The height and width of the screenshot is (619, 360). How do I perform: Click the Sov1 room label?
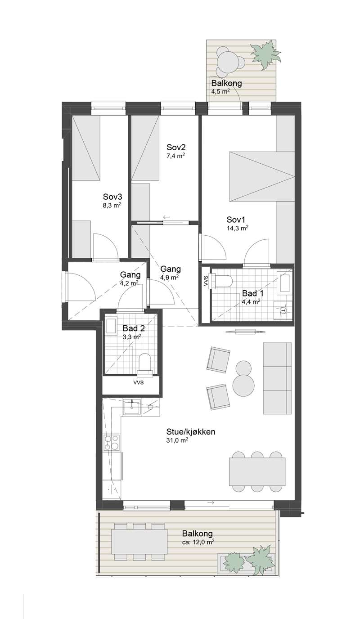click(236, 220)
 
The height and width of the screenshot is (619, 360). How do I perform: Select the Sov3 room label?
click(112, 197)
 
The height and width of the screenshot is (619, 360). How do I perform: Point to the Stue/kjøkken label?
click(191, 432)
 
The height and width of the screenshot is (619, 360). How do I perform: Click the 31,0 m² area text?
click(177, 440)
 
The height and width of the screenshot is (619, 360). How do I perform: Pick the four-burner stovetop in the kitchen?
click(112, 442)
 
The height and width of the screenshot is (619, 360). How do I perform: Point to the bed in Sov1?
click(262, 176)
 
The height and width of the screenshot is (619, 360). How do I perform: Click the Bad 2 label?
click(134, 328)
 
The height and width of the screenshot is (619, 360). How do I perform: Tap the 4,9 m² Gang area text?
click(169, 277)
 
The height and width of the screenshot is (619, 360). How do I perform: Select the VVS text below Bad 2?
click(138, 383)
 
